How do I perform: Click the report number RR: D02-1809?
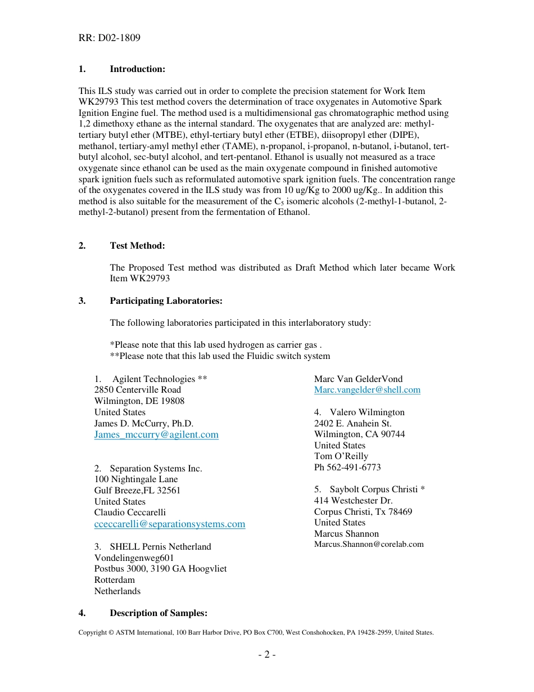coord(110,38)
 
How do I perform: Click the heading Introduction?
coord(137,69)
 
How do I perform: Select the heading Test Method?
coord(137,246)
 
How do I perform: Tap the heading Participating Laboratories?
coord(166,301)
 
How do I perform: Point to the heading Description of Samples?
coord(158,613)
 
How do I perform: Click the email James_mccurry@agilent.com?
coord(156,435)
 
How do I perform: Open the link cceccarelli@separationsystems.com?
coord(170,524)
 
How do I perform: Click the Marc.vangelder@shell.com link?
coord(367,390)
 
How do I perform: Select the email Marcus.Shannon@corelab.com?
coord(369,545)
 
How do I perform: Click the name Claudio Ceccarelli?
coord(130,513)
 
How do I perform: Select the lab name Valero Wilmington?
coord(366,412)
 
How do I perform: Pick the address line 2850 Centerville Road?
coord(138,390)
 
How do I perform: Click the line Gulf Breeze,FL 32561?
coord(137,491)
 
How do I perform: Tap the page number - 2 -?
coord(266,655)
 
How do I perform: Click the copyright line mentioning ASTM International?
coord(256,633)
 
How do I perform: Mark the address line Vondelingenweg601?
coord(134,558)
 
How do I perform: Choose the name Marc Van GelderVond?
coord(358,379)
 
